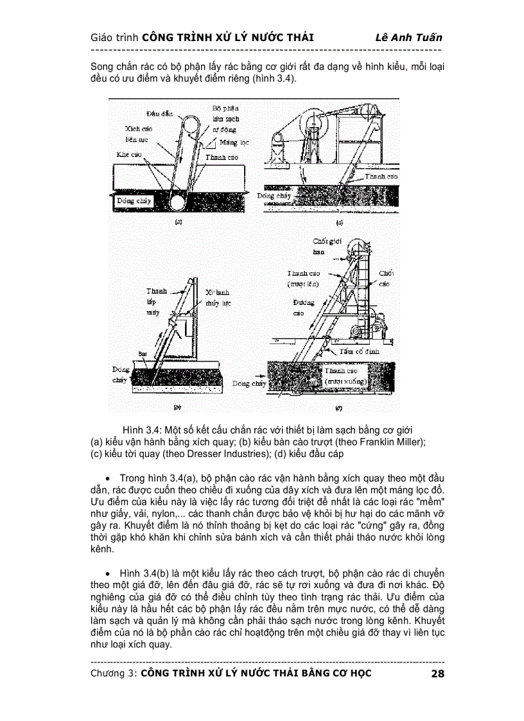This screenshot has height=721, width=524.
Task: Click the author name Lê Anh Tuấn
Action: pos(408,37)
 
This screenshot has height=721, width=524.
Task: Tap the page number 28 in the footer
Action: pos(437,673)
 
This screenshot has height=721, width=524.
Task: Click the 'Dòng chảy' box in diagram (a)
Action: pos(134,200)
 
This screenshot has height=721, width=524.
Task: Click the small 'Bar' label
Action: pos(142,353)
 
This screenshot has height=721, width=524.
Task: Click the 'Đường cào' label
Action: pos(302,308)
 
